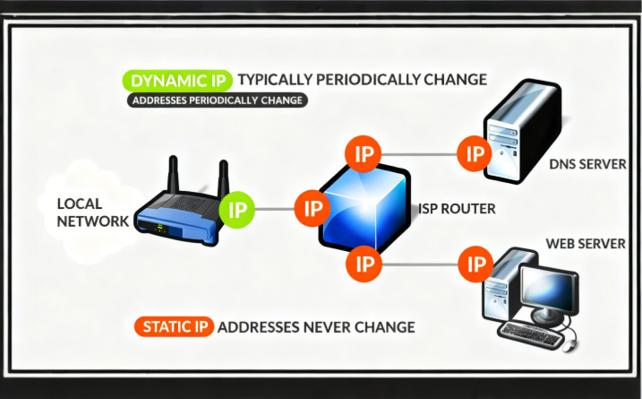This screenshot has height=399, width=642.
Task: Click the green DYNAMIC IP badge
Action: pos(178,80)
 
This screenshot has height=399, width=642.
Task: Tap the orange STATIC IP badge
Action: pos(174,326)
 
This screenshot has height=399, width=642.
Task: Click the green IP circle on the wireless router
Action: pos(237,210)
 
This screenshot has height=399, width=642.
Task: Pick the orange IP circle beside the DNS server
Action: pos(474,152)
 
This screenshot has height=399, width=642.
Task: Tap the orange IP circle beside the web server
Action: pos(475,264)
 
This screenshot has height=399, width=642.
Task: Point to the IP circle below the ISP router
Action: pos(364,264)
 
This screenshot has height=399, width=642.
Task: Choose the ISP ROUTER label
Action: pos(457,209)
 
